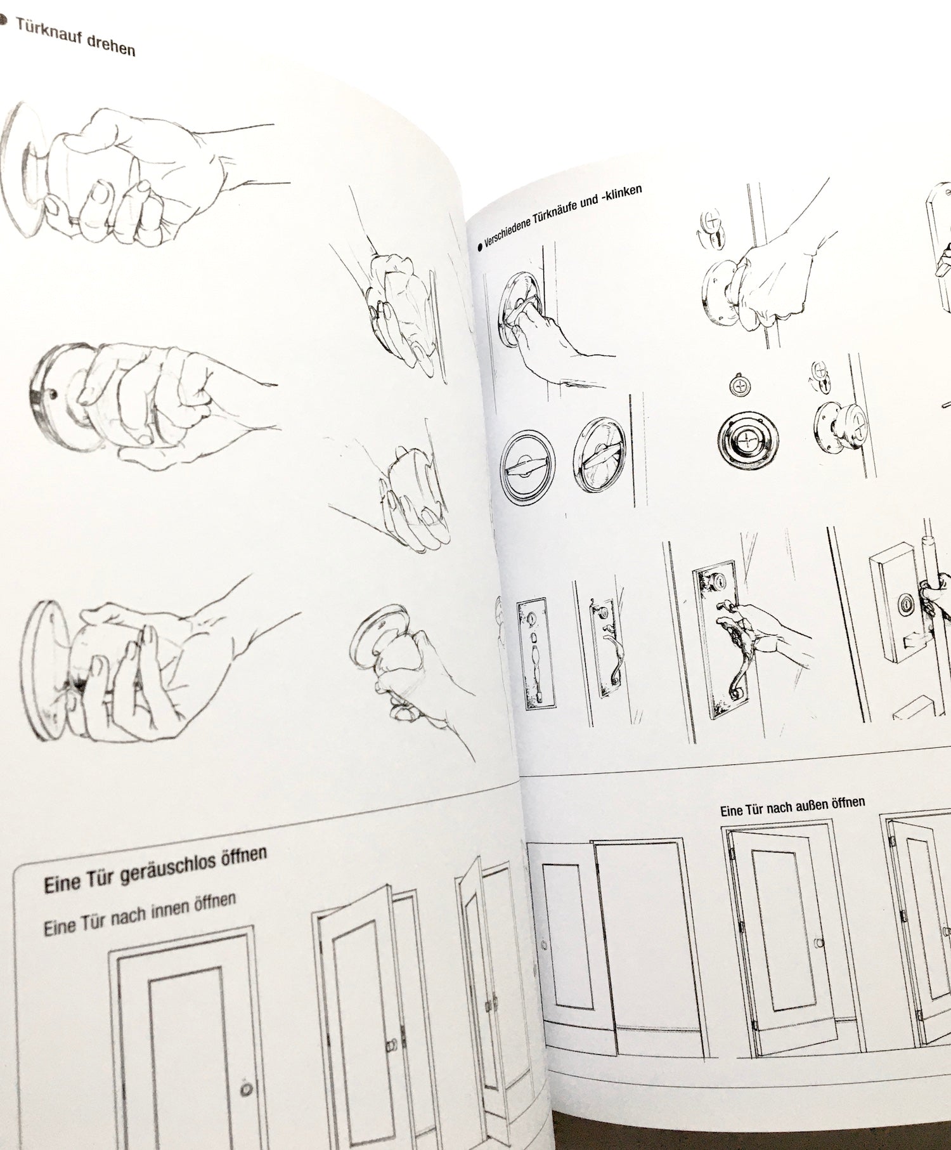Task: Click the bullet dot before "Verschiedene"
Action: pos(480,249)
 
